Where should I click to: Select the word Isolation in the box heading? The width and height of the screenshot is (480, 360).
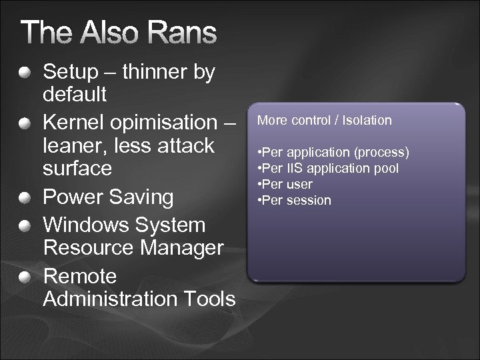pos(366,121)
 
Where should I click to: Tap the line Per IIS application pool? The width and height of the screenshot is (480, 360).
pos(327,169)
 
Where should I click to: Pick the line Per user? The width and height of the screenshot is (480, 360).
pos(284,184)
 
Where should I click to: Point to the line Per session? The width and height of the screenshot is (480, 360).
pos(293,200)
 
